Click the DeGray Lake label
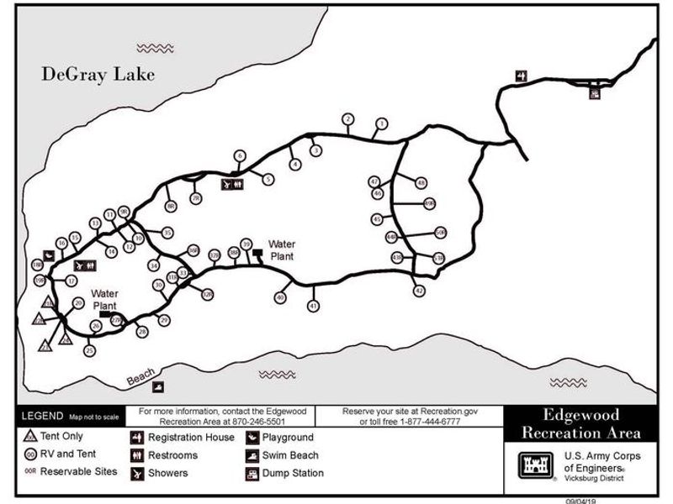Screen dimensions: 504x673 tap(98, 75)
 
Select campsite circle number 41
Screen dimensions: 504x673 tap(314, 306)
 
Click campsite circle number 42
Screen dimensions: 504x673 tap(419, 291)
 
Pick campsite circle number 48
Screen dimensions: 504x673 tap(421, 182)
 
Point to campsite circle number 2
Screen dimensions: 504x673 tap(347, 119)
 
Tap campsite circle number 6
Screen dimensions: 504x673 tap(240, 155)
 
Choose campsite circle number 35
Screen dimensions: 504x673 tap(167, 233)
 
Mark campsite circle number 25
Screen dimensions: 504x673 tap(89, 350)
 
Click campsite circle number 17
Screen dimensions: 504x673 tap(72, 281)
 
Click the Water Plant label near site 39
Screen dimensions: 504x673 tap(281, 250)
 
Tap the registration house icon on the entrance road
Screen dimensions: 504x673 tap(522, 76)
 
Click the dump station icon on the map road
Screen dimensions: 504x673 tap(595, 93)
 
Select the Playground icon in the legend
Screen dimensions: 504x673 tap(252, 438)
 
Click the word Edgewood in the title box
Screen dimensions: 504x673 tap(580, 416)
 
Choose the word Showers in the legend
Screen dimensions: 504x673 tap(167, 473)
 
